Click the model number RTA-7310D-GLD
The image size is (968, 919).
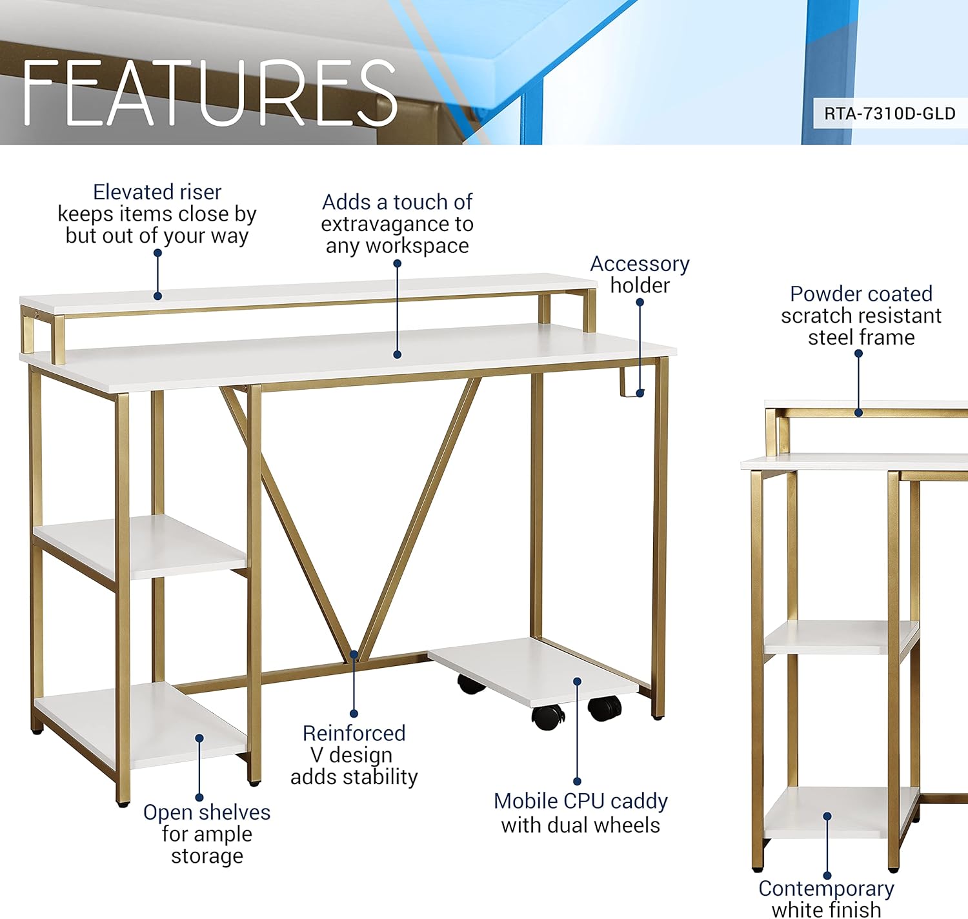click(x=890, y=114)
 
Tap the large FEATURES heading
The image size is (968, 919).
click(x=209, y=92)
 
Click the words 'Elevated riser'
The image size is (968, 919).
click(x=157, y=192)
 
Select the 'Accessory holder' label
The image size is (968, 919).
click(x=640, y=274)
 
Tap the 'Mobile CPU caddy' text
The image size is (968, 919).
click(x=581, y=802)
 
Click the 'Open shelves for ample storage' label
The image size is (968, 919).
click(x=207, y=834)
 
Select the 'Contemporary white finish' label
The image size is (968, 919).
click(x=826, y=898)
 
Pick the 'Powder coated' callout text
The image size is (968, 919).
click(x=861, y=294)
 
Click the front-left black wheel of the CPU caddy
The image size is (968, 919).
click(x=547, y=716)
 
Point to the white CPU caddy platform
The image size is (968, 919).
click(x=533, y=671)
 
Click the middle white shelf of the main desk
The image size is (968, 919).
click(x=140, y=547)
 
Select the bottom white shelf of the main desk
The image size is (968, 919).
click(x=140, y=725)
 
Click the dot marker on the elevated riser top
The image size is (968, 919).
click(x=157, y=296)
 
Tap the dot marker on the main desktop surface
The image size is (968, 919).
click(x=398, y=354)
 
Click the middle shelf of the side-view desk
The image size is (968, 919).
click(x=841, y=637)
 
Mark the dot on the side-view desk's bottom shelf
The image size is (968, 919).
click(x=827, y=816)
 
